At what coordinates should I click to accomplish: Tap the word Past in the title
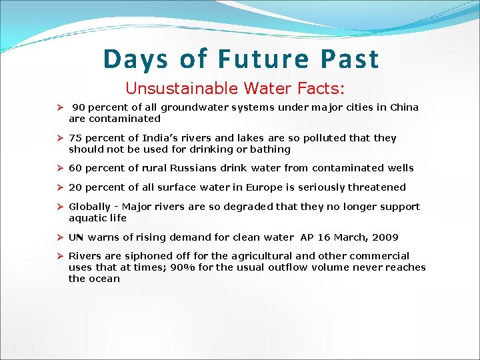349,59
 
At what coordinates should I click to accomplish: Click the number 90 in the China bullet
79,107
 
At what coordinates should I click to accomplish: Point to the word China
404,107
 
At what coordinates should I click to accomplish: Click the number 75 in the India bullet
75,138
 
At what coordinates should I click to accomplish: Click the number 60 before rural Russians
75,168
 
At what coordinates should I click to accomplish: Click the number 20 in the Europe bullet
75,187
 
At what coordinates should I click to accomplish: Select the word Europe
274,187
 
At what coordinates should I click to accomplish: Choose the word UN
76,237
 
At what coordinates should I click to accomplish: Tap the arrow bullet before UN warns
59,237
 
